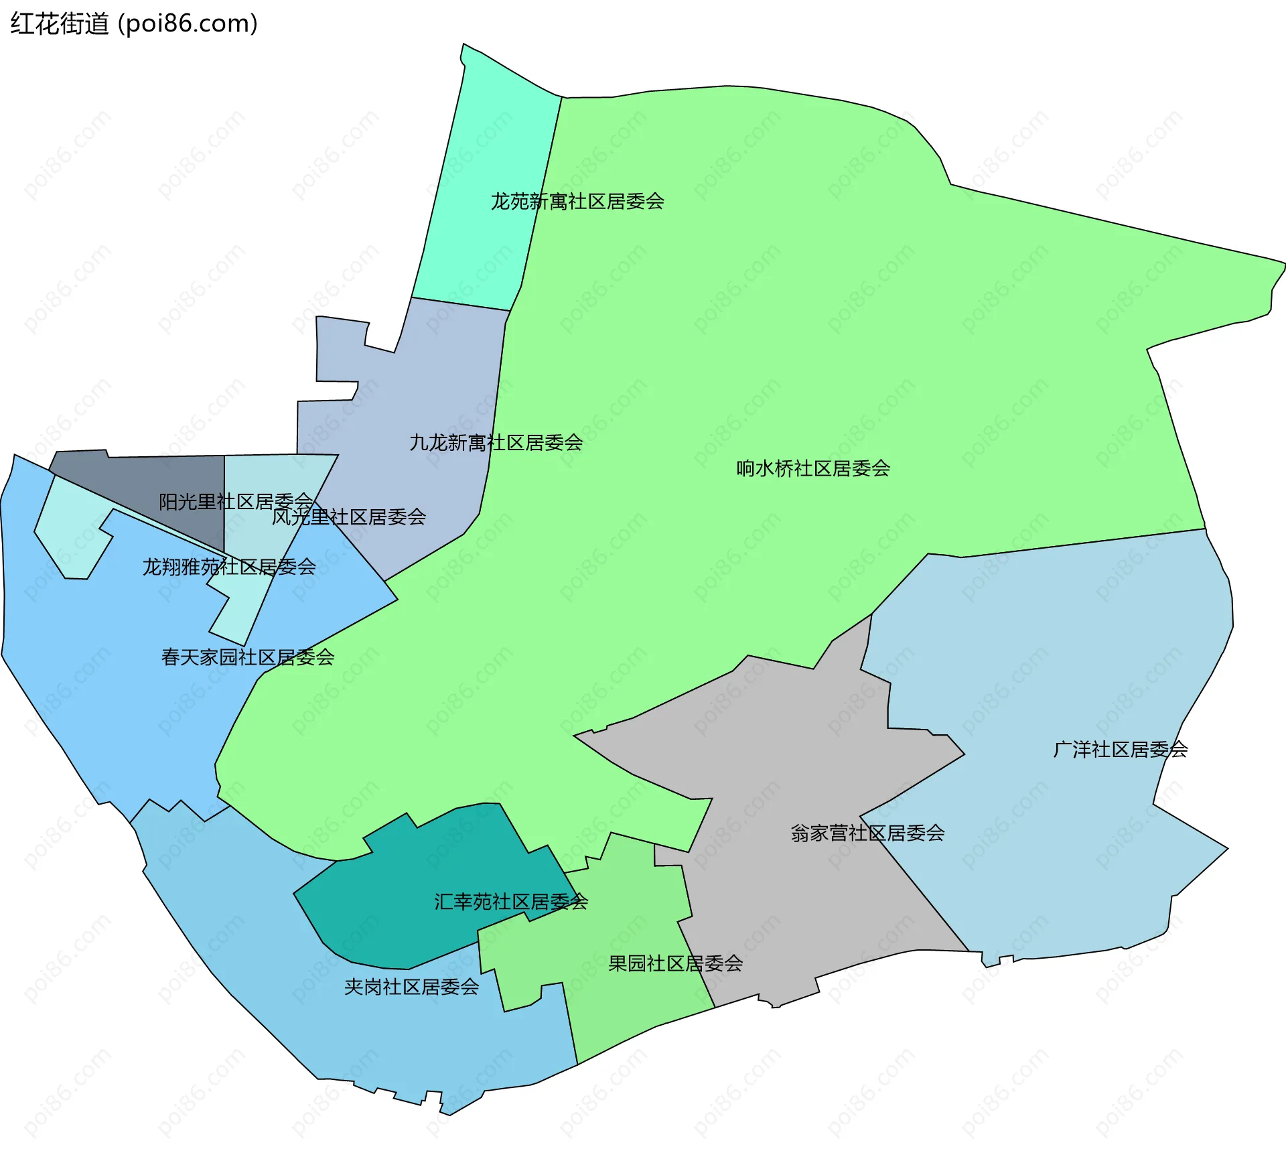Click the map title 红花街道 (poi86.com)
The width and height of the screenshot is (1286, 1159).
coord(134,24)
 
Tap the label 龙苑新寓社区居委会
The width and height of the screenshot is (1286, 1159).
coord(577,201)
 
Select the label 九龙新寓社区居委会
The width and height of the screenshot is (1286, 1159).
coord(496,442)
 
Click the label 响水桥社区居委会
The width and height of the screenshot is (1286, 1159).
coord(813,468)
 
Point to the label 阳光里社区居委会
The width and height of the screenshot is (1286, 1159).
coord(236,501)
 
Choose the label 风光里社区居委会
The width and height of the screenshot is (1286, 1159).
coord(349,517)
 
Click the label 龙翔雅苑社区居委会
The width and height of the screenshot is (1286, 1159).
coord(229,567)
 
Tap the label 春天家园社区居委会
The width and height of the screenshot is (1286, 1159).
coord(248,657)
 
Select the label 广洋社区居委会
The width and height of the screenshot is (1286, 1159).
coord(1121,749)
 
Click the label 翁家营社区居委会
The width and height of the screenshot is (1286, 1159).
coord(867,833)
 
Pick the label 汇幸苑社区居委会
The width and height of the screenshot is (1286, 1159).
coord(511,902)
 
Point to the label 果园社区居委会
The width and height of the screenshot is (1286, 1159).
coord(675,963)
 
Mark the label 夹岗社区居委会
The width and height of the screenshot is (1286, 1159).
coord(411,987)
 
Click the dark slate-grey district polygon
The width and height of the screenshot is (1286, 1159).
coord(167,476)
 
